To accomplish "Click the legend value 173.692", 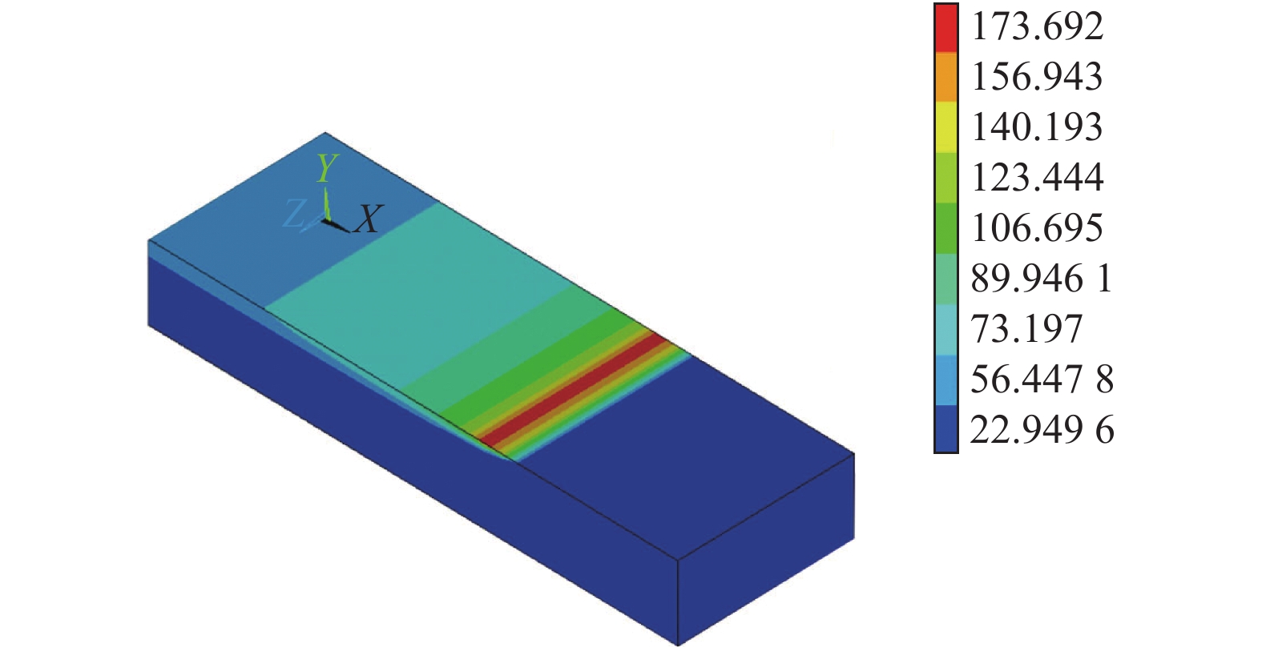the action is click(1037, 26).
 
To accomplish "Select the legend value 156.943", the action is click(1037, 77).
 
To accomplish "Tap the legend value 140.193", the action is click(1037, 127).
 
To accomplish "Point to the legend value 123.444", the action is click(1037, 178).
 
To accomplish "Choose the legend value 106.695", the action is click(1037, 228).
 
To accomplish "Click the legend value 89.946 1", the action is click(1042, 279).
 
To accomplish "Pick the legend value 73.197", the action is click(1026, 329).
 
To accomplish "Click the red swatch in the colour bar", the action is click(946, 29).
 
